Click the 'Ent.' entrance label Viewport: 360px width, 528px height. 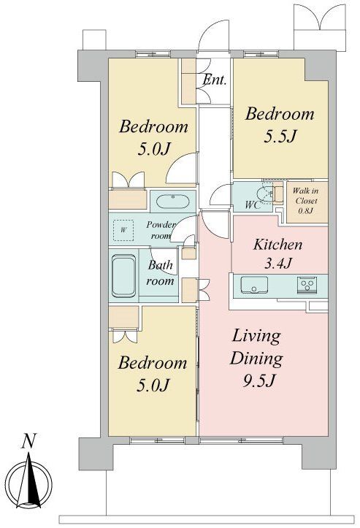[x=215, y=80]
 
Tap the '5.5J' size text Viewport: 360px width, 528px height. [x=280, y=136]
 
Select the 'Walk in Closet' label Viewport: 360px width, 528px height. [x=306, y=196]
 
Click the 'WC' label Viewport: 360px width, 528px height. [x=253, y=204]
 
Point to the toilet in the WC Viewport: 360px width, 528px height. [x=264, y=195]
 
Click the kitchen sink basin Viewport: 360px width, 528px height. [x=254, y=285]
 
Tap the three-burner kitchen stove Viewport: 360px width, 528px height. [x=307, y=285]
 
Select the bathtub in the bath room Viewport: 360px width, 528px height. [x=124, y=276]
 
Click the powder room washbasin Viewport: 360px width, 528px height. [x=173, y=202]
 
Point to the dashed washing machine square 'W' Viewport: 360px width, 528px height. [x=123, y=230]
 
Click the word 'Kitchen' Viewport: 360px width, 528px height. [x=277, y=245]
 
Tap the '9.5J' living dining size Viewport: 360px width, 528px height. [x=259, y=381]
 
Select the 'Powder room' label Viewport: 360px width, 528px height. [x=161, y=230]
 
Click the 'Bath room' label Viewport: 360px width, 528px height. [x=161, y=272]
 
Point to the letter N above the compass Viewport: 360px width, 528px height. [x=28, y=441]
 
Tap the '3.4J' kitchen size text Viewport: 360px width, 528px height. [x=277, y=264]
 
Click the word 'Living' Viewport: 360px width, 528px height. [x=256, y=337]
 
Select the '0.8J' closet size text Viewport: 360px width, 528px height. [x=306, y=211]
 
